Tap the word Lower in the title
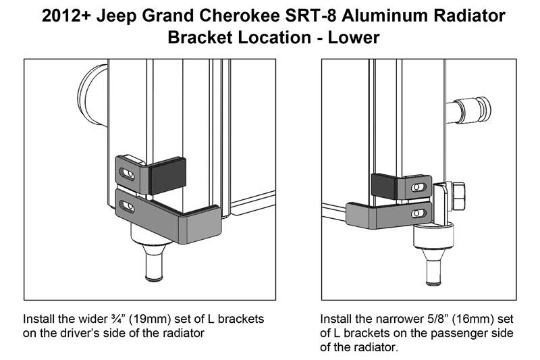click(x=353, y=38)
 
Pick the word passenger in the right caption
click(x=449, y=333)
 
